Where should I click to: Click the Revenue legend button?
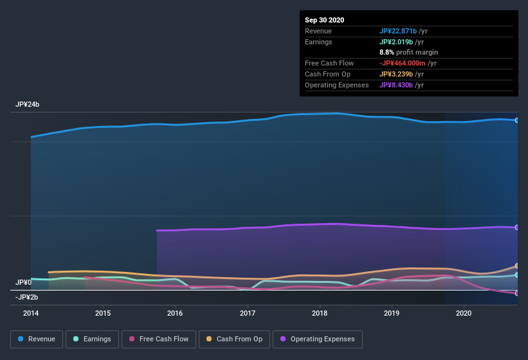pos(37,339)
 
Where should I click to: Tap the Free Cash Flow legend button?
pos(158,339)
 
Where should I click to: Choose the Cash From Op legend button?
pos(234,339)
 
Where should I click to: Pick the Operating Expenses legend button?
pos(317,339)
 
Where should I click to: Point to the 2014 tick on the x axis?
pos(30,313)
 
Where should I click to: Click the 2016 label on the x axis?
pos(174,313)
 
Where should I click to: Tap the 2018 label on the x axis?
pos(319,313)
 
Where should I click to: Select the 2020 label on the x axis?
pos(463,313)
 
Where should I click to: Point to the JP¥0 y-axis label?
pos(24,282)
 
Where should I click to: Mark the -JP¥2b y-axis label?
pos(28,297)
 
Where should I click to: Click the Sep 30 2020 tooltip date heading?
pos(324,20)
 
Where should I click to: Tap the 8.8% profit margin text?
pos(408,52)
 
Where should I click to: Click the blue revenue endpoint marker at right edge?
pos(517,120)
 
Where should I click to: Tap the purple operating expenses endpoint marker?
pos(517,227)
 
